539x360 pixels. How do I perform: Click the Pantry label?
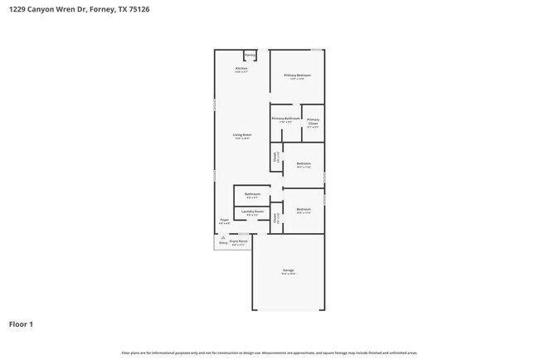click(250, 56)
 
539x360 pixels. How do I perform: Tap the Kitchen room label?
click(241, 68)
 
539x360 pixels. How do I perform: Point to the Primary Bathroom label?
click(285, 118)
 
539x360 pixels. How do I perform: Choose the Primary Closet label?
click(313, 121)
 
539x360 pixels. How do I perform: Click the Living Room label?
click(241, 134)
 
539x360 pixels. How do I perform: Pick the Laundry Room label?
click(253, 212)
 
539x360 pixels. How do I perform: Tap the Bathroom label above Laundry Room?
click(252, 194)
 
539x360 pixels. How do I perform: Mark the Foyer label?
click(224, 220)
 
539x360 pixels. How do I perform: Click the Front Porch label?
click(238, 241)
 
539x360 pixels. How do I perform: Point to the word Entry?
click(222, 243)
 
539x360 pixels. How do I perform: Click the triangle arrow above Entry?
click(222, 237)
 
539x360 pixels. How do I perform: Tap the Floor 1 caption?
click(21, 324)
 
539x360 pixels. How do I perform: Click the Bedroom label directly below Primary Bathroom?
click(303, 163)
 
